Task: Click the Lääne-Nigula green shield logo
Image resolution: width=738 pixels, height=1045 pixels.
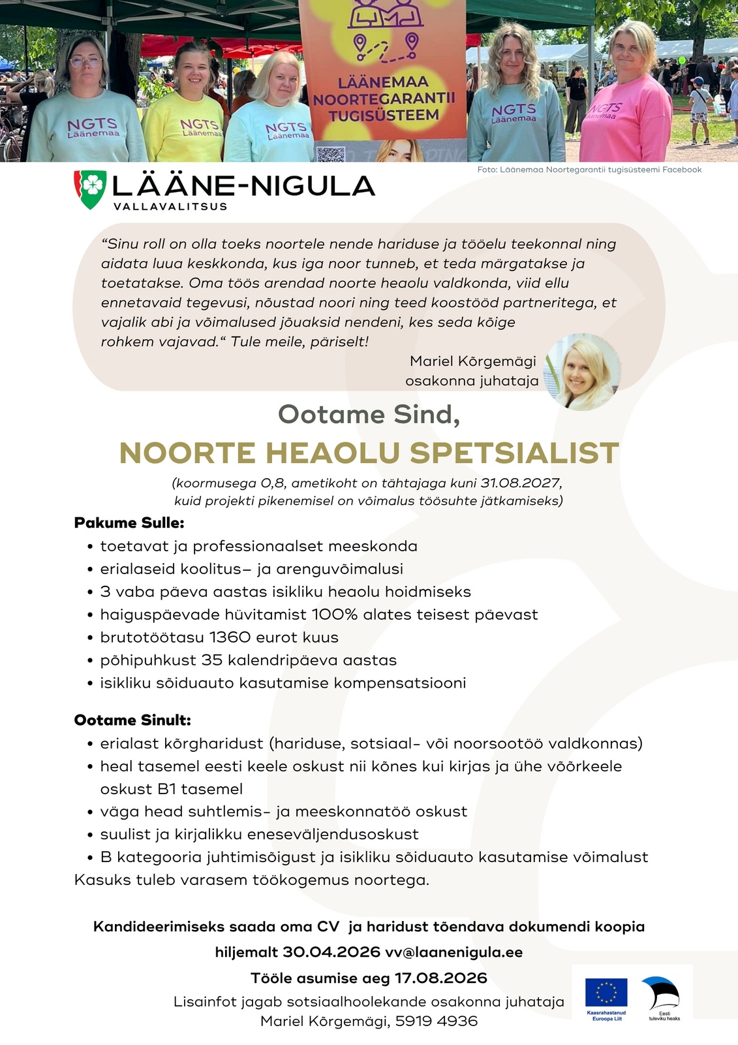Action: pyautogui.click(x=90, y=189)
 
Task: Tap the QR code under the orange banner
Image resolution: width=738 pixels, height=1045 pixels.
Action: pyautogui.click(x=330, y=154)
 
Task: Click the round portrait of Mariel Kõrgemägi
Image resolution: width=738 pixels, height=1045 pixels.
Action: pyautogui.click(x=582, y=372)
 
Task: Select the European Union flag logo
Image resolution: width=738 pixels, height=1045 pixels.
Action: pyautogui.click(x=606, y=993)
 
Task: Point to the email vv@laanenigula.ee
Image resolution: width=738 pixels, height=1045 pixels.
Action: pyautogui.click(x=454, y=952)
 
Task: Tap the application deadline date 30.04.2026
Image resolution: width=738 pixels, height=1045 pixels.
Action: pyautogui.click(x=331, y=952)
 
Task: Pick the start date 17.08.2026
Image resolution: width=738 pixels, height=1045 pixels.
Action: pyautogui.click(x=441, y=978)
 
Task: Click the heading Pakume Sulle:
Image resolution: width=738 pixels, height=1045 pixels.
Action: pyautogui.click(x=129, y=523)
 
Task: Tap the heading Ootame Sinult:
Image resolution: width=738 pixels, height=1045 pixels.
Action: pyautogui.click(x=132, y=720)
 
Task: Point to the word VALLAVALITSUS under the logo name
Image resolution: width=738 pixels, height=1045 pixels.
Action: pyautogui.click(x=170, y=206)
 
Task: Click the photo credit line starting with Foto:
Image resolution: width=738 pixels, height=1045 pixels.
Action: pyautogui.click(x=589, y=170)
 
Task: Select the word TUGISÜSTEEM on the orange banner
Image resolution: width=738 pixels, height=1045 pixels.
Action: pyautogui.click(x=384, y=116)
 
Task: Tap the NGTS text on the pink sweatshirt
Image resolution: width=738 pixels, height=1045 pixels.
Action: pyautogui.click(x=606, y=108)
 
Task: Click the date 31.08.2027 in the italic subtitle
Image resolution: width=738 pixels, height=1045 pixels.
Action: pyautogui.click(x=520, y=483)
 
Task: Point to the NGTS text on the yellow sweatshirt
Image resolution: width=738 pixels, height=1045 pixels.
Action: pyautogui.click(x=199, y=124)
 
